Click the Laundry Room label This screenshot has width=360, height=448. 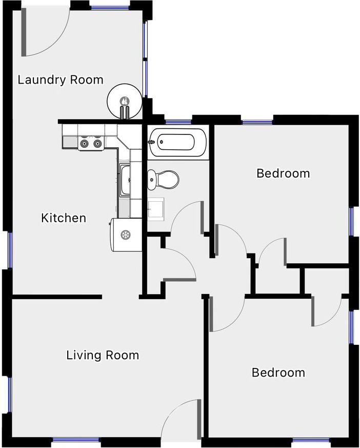click(x=60, y=80)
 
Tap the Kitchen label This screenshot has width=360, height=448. click(x=64, y=218)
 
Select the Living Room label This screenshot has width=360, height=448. click(x=103, y=356)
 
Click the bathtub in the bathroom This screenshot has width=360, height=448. click(x=177, y=142)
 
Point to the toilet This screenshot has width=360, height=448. click(x=163, y=180)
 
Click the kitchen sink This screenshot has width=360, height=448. click(x=125, y=180)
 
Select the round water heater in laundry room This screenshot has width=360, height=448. click(x=125, y=101)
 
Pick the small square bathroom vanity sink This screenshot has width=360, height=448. click(x=155, y=209)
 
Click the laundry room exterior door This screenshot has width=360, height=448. click(x=45, y=32)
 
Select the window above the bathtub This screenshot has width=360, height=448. click(x=178, y=122)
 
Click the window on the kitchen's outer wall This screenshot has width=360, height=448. click(x=10, y=250)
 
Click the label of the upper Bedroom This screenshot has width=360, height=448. click(x=283, y=173)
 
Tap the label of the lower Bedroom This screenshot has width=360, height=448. click(x=278, y=373)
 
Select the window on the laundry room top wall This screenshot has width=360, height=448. click(x=110, y=7)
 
